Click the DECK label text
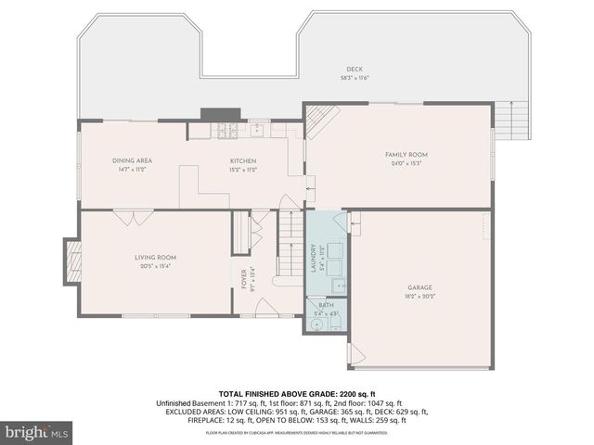pos(355,70)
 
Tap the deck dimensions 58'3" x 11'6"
pos(355,78)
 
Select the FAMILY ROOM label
pos(406,154)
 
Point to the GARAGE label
pos(420,287)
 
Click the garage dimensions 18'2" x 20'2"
pos(420,296)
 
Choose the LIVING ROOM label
pos(154,257)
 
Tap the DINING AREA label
pos(133,160)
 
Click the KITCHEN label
pos(243,160)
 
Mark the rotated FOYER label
pos(244,279)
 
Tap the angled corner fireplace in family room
pos(317,119)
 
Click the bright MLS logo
pos(37,432)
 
